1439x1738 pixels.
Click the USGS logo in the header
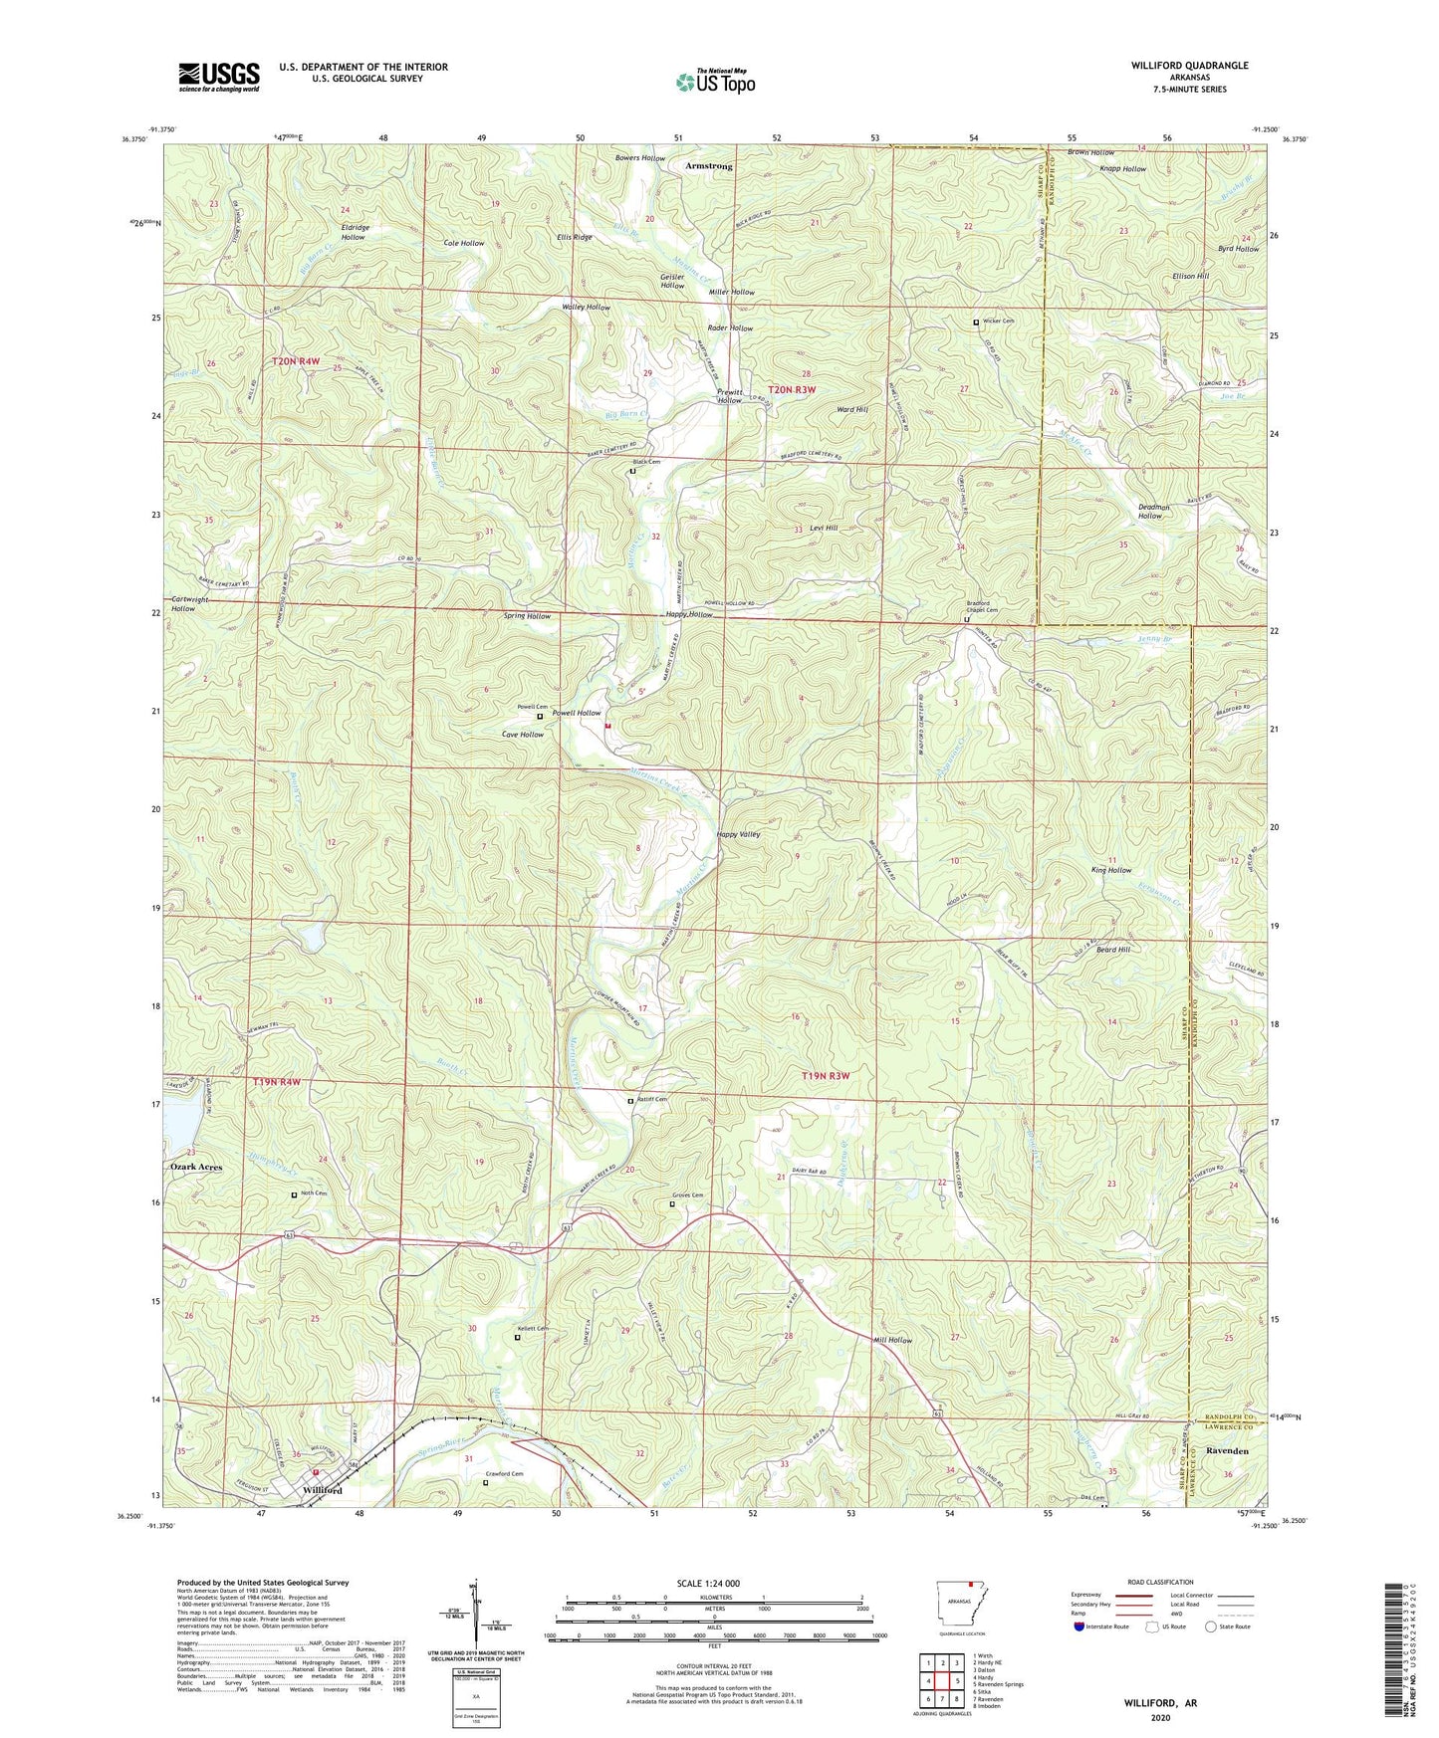point(218,77)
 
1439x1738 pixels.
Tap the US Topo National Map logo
point(714,82)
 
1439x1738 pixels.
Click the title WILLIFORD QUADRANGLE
point(1189,66)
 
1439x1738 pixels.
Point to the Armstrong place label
point(708,166)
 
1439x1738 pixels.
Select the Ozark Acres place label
point(195,1167)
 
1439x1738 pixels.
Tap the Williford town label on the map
point(322,1490)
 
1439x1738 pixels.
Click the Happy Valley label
point(738,835)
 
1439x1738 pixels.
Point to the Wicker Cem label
point(998,322)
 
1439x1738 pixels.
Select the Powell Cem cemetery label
point(532,707)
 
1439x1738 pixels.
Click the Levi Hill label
point(823,529)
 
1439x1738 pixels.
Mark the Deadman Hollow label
point(1153,512)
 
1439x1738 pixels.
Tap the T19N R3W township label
point(826,1076)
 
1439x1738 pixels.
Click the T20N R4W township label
point(296,361)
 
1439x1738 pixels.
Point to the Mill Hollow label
point(891,1340)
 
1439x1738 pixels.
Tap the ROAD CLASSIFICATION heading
point(1160,1582)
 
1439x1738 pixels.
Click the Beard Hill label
point(1112,950)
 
